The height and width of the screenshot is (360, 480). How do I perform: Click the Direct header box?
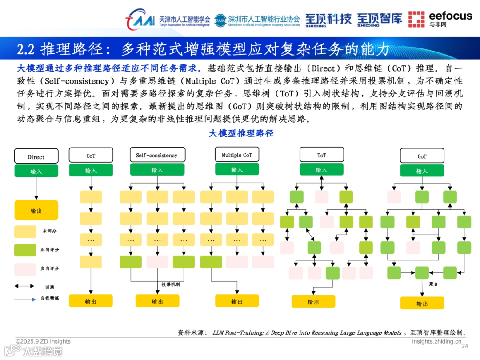tap(36, 156)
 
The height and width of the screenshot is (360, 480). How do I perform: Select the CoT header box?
tap(91, 156)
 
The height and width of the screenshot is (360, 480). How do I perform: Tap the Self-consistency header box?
tap(156, 155)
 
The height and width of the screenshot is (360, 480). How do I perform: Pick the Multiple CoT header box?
tap(236, 155)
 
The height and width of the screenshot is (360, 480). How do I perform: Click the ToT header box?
tap(321, 155)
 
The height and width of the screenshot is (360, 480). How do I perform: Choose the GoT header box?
tap(422, 156)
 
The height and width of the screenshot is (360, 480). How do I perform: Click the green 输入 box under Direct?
tap(36, 171)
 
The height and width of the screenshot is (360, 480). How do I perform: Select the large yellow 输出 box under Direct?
tap(36, 211)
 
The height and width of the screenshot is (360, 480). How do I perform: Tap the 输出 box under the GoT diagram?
tap(422, 304)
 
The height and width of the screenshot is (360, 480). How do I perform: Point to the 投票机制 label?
tap(171, 284)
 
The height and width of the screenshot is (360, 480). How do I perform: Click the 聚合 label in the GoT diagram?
tap(434, 284)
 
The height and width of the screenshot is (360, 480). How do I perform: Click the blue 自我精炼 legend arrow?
tap(25, 299)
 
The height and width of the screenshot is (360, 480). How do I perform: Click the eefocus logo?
tap(440, 19)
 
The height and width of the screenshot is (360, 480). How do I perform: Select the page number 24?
tap(465, 346)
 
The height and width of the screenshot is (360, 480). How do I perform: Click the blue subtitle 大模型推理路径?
tap(241, 133)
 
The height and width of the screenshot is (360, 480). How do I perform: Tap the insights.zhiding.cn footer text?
tap(436, 341)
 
